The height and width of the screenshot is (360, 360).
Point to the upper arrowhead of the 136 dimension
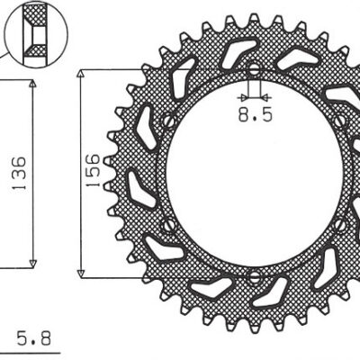[33, 84]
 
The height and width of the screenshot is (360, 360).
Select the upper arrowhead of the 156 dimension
[82, 72]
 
